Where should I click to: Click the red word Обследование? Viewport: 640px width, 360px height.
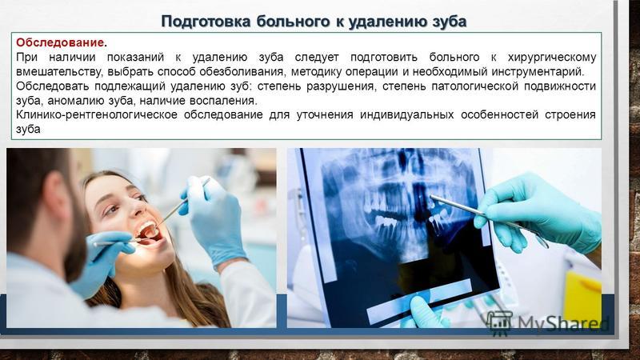pyautogui.click(x=59, y=42)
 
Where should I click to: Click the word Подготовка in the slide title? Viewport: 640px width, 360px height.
pyautogui.click(x=206, y=22)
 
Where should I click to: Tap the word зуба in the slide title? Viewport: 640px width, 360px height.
pyautogui.click(x=449, y=22)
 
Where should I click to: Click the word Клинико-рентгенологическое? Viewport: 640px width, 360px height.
pyautogui.click(x=97, y=114)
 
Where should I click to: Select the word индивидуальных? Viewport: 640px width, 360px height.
pyautogui.click(x=406, y=114)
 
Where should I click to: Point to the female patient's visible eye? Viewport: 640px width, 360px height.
pyautogui.click(x=112, y=210)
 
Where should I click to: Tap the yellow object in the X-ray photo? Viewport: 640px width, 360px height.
pyautogui.click(x=582, y=297)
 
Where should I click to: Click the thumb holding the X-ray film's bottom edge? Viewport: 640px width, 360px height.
pyautogui.click(x=421, y=307)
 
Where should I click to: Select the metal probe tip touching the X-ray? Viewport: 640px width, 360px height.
pyautogui.click(x=432, y=197)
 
